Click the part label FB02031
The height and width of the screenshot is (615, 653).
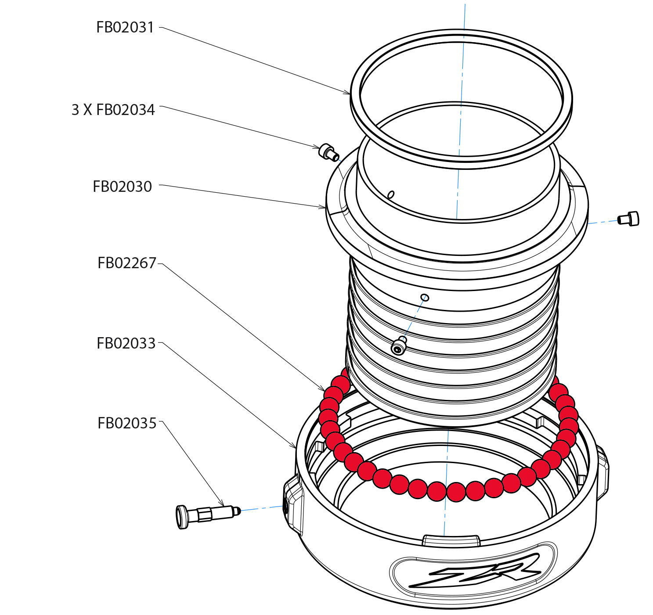[125, 28]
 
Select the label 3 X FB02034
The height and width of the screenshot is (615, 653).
[113, 110]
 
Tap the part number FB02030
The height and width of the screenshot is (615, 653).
[122, 187]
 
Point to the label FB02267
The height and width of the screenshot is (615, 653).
[126, 263]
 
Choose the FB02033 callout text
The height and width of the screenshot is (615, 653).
[126, 343]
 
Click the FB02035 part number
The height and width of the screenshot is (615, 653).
[126, 423]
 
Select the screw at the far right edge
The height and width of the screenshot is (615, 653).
[628, 219]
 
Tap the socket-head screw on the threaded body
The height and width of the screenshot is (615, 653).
[399, 346]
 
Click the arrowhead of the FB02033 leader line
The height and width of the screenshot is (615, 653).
[295, 447]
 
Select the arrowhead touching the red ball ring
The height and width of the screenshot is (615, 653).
[323, 389]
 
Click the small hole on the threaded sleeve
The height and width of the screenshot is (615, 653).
[425, 298]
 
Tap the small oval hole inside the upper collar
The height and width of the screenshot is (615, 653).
[390, 194]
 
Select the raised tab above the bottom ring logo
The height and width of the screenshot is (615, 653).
[451, 540]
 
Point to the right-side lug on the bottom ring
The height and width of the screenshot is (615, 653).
[603, 472]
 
